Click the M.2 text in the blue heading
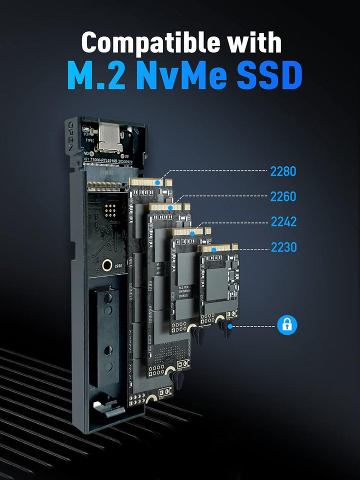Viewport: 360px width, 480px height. point(92,76)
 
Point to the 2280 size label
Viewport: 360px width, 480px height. point(283,171)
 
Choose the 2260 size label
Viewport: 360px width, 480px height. point(283,196)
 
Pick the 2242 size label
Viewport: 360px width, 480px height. point(283,221)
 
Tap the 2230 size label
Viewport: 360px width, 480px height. point(283,247)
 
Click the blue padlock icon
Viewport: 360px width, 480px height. point(287,325)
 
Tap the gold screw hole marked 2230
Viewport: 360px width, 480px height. point(106,265)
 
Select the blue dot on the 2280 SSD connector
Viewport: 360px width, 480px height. point(158,183)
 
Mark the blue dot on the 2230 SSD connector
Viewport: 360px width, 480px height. point(213,249)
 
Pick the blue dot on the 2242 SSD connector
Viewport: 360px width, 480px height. point(192,233)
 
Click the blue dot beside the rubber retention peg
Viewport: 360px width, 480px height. point(230,325)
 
